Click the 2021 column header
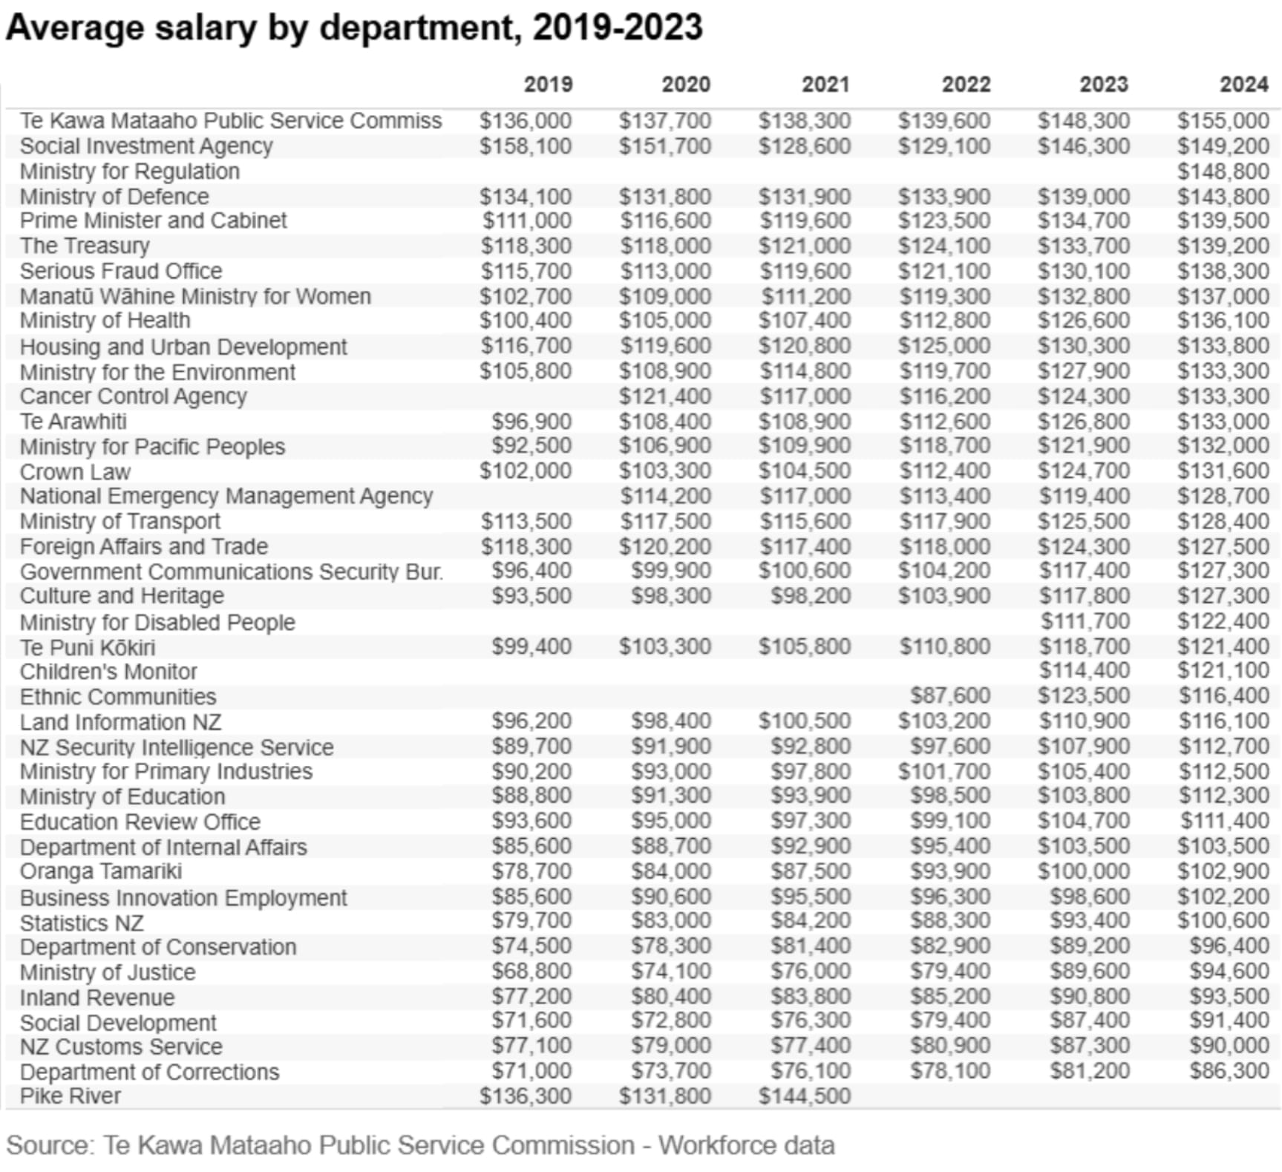pos(825,85)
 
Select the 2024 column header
pos(1244,85)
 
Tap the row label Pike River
pos(71,1096)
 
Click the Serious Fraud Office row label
pos(121,271)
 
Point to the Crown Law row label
pos(75,471)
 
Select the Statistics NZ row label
pos(82,923)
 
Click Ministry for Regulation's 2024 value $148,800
pos(1223,171)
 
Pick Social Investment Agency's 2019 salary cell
pos(526,146)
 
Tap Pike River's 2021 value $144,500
pos(805,1096)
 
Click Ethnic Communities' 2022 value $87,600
pos(950,696)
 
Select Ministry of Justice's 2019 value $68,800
pos(532,972)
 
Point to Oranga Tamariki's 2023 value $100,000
pos(1084,871)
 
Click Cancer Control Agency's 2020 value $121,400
pos(665,396)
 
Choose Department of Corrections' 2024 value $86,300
pos(1229,1071)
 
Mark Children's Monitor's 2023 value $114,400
pos(1084,671)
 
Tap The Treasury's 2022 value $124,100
pos(944,246)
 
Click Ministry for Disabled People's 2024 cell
pos(1223,621)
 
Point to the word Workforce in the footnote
pos(720,1145)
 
